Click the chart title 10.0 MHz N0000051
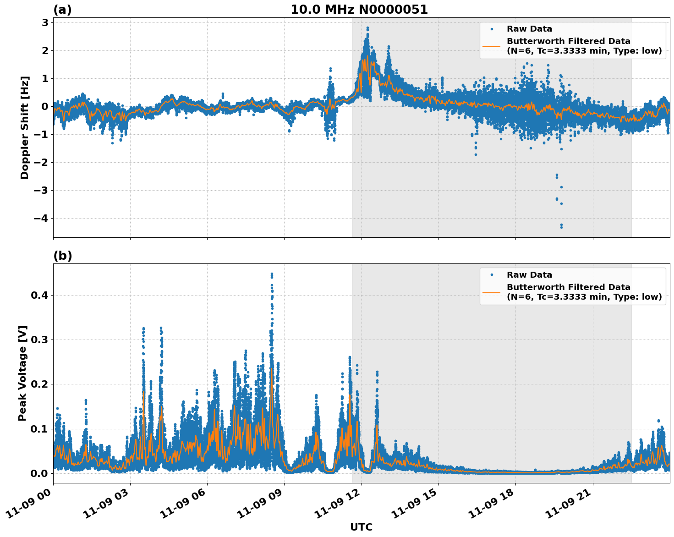(x=359, y=10)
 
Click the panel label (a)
(x=62, y=10)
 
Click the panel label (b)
(x=62, y=256)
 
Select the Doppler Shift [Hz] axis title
(x=25, y=127)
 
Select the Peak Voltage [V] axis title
(x=22, y=373)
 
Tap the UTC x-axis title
(x=361, y=527)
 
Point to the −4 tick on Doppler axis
(x=41, y=219)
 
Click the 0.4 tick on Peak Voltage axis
(x=39, y=295)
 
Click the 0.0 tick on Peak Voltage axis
(x=39, y=473)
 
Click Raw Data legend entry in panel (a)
(x=529, y=29)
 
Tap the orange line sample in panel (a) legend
(x=492, y=46)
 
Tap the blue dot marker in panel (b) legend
(x=492, y=275)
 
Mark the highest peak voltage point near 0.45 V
(x=272, y=274)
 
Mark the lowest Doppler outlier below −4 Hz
(x=561, y=227)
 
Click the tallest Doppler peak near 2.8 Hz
(x=367, y=28)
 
